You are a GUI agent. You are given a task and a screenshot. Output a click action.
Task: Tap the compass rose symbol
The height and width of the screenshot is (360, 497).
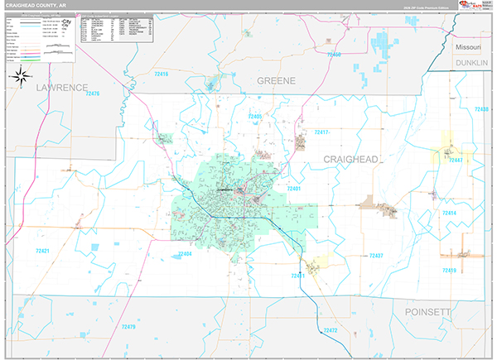[x=21, y=78]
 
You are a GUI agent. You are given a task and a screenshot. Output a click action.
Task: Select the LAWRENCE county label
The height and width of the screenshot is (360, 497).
[x=61, y=87]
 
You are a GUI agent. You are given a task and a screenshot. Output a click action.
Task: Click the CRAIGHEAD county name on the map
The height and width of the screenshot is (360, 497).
[x=350, y=156]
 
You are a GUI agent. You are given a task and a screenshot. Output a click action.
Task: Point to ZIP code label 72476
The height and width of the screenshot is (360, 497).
[x=88, y=94]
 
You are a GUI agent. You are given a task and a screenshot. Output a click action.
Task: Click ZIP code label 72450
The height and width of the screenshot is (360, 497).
[x=335, y=55]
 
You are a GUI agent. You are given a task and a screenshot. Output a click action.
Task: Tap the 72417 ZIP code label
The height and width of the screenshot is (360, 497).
[x=322, y=132]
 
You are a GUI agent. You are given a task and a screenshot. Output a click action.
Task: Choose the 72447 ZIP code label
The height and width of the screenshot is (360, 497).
[x=454, y=161]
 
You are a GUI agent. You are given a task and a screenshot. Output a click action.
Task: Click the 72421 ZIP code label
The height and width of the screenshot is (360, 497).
[x=44, y=250]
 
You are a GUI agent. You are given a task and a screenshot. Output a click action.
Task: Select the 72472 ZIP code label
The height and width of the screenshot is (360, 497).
[x=331, y=331]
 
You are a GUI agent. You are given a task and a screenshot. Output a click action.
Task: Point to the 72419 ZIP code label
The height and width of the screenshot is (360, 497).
[x=448, y=271]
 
